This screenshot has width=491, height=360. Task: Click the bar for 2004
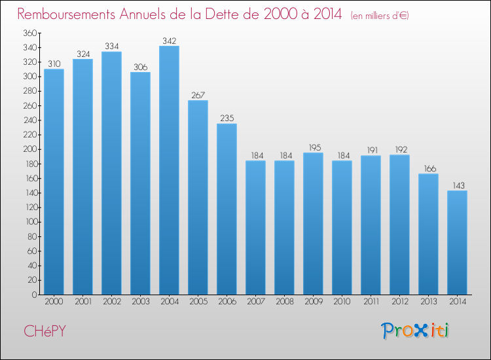[x=169, y=170]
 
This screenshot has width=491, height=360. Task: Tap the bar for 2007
[x=255, y=228]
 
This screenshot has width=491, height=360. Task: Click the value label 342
[x=169, y=41]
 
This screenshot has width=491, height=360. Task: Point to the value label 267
[x=198, y=95]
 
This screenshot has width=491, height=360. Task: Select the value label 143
[x=457, y=185]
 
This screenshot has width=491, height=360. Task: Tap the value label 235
[x=227, y=118]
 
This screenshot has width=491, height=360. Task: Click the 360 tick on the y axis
[x=29, y=33]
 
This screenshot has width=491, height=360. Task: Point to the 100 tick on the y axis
[x=29, y=222]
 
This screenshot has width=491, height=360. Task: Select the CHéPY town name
[x=45, y=331]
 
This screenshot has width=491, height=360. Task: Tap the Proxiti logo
[x=416, y=331]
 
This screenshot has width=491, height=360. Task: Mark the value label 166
[x=428, y=168]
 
